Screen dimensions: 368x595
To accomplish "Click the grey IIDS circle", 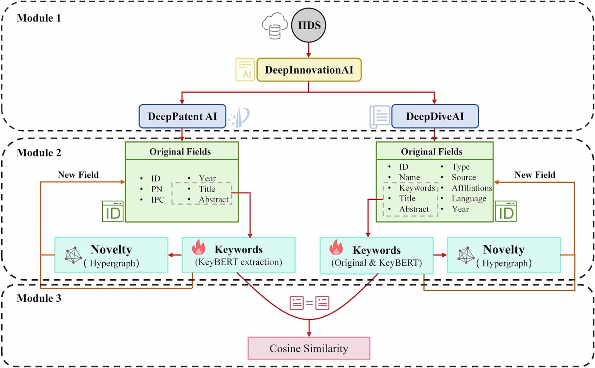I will (x=309, y=25).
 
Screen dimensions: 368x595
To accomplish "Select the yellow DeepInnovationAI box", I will (x=309, y=70).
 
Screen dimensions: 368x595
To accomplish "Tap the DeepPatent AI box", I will (x=182, y=116).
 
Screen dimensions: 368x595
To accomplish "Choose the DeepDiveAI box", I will (x=435, y=116).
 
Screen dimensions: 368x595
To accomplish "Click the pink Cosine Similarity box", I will (x=309, y=348).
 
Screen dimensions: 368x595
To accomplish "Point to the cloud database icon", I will (x=275, y=27).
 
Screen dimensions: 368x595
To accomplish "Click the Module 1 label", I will (x=39, y=18).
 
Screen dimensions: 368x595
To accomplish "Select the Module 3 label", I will (x=39, y=298).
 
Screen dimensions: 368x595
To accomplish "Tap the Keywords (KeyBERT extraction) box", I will (x=239, y=255).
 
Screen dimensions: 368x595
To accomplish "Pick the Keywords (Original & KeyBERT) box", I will (x=376, y=256).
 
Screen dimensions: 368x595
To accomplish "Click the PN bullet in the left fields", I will (x=156, y=189).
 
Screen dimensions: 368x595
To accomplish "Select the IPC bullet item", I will (x=158, y=200).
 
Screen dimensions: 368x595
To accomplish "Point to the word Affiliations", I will (x=471, y=188).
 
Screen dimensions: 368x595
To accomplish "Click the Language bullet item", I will (x=469, y=199).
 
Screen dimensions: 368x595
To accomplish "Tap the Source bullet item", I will (x=464, y=177).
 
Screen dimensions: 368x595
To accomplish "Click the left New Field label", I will (x=78, y=175).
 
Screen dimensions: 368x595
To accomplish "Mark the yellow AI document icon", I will (x=245, y=70).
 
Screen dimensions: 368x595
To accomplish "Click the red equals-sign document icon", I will (x=309, y=303).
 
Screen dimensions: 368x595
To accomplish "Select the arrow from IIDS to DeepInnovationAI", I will (x=309, y=50).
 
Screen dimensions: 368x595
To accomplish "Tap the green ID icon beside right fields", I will (x=506, y=212).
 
